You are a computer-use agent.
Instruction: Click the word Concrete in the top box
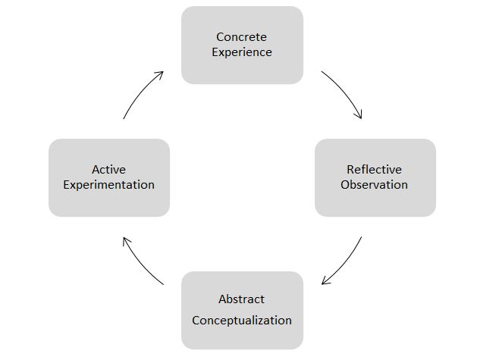pyautogui.click(x=241, y=37)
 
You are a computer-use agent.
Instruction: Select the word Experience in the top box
pyautogui.click(x=241, y=52)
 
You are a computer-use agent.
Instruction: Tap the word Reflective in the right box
pyautogui.click(x=374, y=169)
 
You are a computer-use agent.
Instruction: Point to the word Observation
pyautogui.click(x=374, y=184)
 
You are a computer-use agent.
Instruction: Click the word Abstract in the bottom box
pyautogui.click(x=241, y=299)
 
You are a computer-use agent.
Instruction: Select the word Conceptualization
pyautogui.click(x=241, y=320)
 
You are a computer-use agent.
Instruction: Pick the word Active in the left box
pyautogui.click(x=108, y=169)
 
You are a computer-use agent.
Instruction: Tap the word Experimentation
pyautogui.click(x=108, y=184)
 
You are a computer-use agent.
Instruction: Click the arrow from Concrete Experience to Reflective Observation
pyautogui.click(x=346, y=92)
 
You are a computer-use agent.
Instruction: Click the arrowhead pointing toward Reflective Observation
pyautogui.click(x=359, y=115)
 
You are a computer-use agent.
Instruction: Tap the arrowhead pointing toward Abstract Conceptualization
pyautogui.click(x=325, y=282)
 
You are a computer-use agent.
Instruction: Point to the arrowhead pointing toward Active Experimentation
pyautogui.click(x=125, y=240)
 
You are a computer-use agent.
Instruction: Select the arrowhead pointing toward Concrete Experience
pyautogui.click(x=160, y=74)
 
